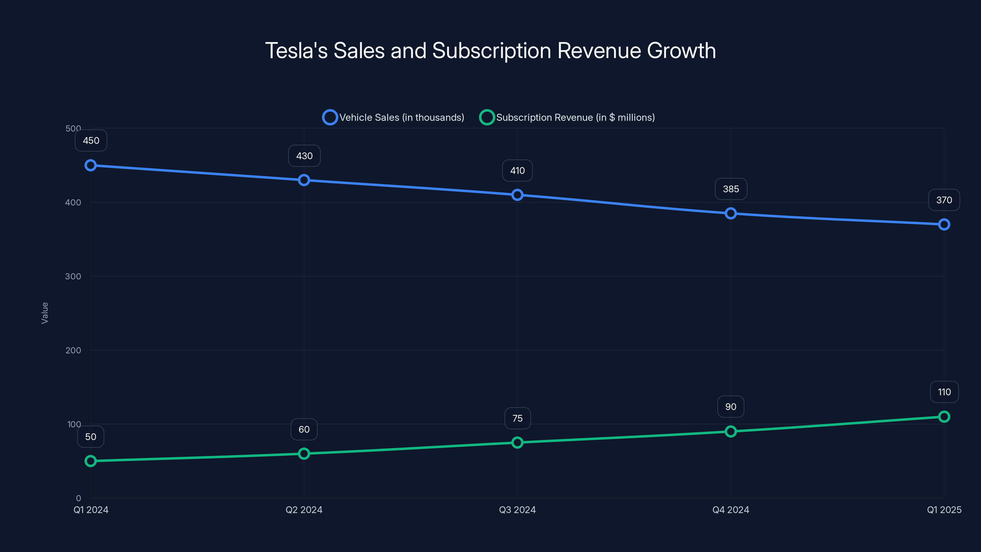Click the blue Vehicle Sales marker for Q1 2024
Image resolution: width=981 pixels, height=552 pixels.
[x=91, y=165]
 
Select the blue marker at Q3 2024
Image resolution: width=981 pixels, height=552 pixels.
[x=517, y=195]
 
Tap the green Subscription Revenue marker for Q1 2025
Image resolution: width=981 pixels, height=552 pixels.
[x=944, y=417]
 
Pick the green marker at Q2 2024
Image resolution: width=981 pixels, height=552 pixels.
[x=304, y=454]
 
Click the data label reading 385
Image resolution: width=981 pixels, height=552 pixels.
[x=731, y=189]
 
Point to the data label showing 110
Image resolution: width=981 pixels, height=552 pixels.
[x=944, y=392]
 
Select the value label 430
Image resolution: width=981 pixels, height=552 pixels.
[x=304, y=156]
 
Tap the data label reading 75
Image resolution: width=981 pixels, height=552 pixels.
[x=517, y=418]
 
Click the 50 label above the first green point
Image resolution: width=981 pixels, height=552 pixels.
[x=91, y=437]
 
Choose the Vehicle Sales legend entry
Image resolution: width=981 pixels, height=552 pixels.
[x=393, y=117]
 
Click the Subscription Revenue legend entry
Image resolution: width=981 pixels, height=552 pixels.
[x=567, y=117]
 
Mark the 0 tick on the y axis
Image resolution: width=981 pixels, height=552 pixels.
[x=78, y=498]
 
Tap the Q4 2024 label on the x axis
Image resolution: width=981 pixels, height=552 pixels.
[x=731, y=510]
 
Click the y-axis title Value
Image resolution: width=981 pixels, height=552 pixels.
[x=44, y=313]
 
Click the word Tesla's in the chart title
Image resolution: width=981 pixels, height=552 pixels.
[x=296, y=51]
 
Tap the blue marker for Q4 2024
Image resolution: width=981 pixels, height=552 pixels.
[x=731, y=213]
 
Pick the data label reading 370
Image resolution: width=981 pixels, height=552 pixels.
[x=944, y=200]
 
